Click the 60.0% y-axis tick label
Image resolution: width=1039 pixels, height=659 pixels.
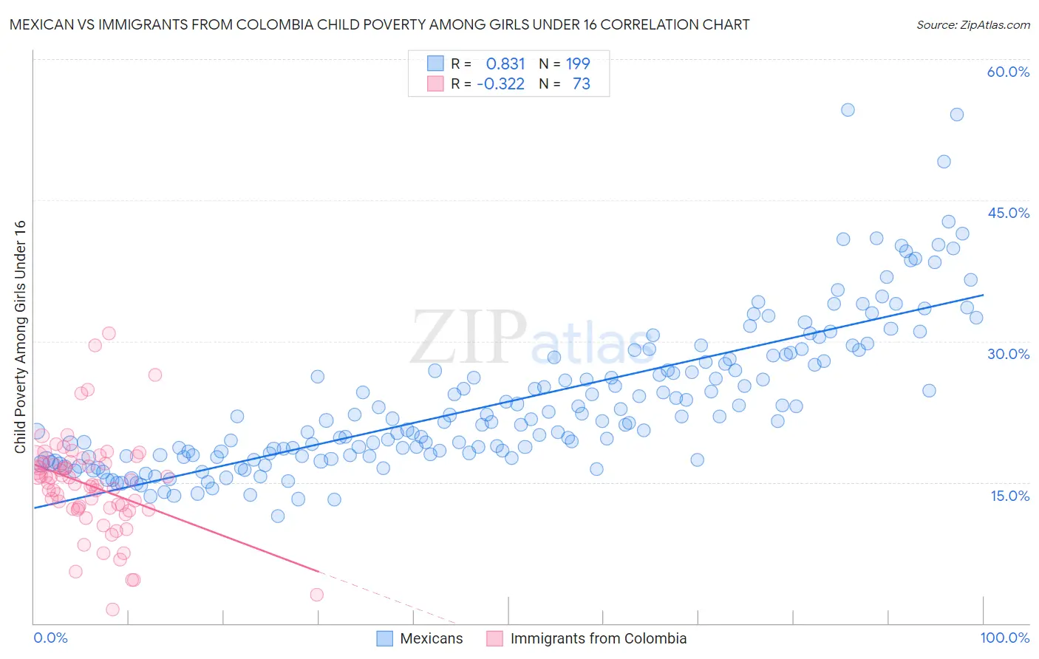click(1008, 72)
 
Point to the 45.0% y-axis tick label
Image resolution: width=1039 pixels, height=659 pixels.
click(1008, 213)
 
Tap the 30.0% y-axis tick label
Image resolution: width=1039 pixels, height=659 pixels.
click(1008, 354)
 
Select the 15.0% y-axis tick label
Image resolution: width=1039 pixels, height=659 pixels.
click(1009, 496)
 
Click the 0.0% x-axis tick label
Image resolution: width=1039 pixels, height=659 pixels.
click(50, 638)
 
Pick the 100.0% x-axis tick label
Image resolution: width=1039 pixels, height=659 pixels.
click(1004, 638)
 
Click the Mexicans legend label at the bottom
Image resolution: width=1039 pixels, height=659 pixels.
click(431, 638)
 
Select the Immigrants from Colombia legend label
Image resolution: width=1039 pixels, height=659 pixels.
click(598, 638)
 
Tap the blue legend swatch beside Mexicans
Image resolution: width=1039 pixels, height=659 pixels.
click(384, 638)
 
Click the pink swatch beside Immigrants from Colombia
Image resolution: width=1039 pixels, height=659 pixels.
click(494, 638)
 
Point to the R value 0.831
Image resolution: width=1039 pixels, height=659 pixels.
click(505, 64)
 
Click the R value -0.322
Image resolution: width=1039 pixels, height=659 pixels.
click(500, 83)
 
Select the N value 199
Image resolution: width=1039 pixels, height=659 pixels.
click(578, 64)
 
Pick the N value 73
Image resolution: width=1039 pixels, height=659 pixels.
click(581, 83)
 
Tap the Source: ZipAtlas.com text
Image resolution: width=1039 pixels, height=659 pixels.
click(972, 24)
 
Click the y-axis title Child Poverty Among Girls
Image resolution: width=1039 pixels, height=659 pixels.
click(20, 337)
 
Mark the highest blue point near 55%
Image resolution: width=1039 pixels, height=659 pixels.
click(848, 110)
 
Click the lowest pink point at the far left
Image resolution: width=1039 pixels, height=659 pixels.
click(112, 610)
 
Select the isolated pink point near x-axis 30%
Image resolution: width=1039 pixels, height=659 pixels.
click(316, 595)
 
